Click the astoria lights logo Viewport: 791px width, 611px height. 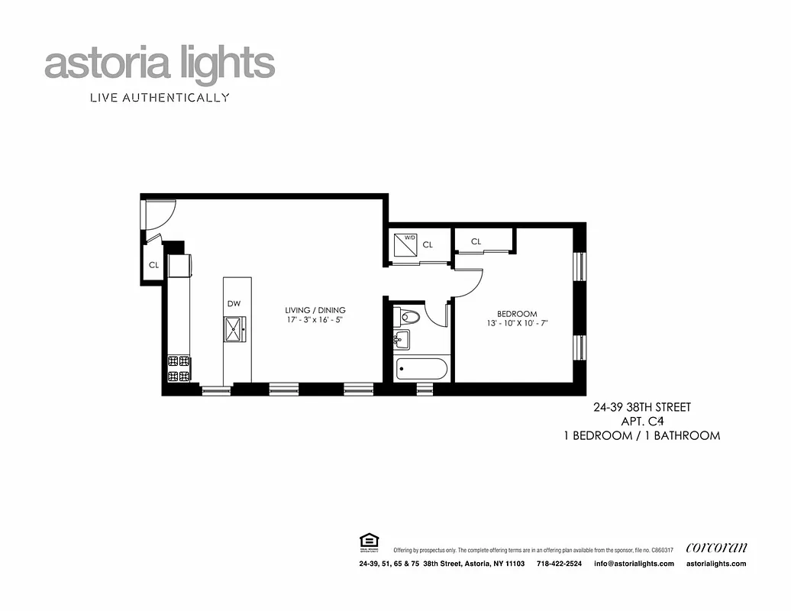(160, 65)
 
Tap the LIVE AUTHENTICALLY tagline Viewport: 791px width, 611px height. (160, 98)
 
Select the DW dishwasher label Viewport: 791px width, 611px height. (234, 304)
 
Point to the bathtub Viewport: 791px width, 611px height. (421, 370)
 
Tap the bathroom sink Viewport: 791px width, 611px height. (402, 339)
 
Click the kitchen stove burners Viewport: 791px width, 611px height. (178, 368)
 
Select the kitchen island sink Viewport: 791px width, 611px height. (234, 329)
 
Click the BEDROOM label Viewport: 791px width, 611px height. (517, 314)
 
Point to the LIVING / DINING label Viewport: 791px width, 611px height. (315, 310)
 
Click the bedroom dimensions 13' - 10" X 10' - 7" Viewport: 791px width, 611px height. (517, 324)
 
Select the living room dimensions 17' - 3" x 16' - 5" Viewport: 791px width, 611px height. (315, 320)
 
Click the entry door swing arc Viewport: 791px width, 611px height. (160, 214)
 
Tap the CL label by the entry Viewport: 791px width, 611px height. (153, 266)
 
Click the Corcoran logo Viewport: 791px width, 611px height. (716, 548)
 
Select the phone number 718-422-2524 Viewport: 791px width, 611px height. (559, 564)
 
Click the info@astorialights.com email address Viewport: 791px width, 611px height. (634, 564)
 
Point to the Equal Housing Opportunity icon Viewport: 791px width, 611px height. (366, 542)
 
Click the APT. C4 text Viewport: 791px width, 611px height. (641, 422)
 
